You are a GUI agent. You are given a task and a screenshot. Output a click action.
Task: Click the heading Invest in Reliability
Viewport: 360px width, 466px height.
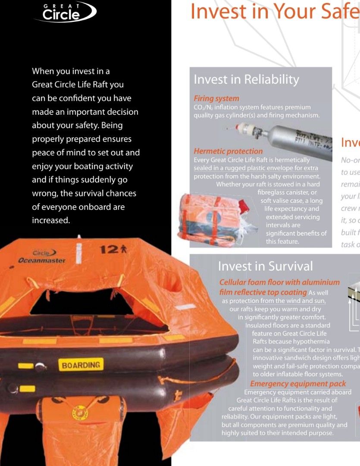point(246,79)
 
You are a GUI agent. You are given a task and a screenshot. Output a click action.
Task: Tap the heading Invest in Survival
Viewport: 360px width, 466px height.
point(265,266)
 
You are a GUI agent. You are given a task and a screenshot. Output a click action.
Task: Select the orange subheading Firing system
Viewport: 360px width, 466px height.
point(216,98)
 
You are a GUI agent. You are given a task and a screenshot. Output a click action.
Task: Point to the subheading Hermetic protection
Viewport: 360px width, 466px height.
point(228,151)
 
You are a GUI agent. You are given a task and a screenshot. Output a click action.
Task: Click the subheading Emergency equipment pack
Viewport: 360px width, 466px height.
point(298,384)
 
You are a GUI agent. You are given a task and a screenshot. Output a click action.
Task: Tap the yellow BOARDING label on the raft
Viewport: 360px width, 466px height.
point(81,365)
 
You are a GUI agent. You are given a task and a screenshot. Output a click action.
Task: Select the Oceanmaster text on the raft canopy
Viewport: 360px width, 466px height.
point(42,261)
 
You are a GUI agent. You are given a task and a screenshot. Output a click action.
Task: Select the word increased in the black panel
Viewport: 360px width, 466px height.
point(51,220)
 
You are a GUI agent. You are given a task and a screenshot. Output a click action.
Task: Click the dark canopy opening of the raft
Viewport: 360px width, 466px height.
point(82,302)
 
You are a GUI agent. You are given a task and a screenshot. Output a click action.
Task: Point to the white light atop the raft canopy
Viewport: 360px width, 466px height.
point(78,237)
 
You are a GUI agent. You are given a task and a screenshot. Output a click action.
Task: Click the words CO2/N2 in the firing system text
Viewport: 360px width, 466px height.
point(205,107)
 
